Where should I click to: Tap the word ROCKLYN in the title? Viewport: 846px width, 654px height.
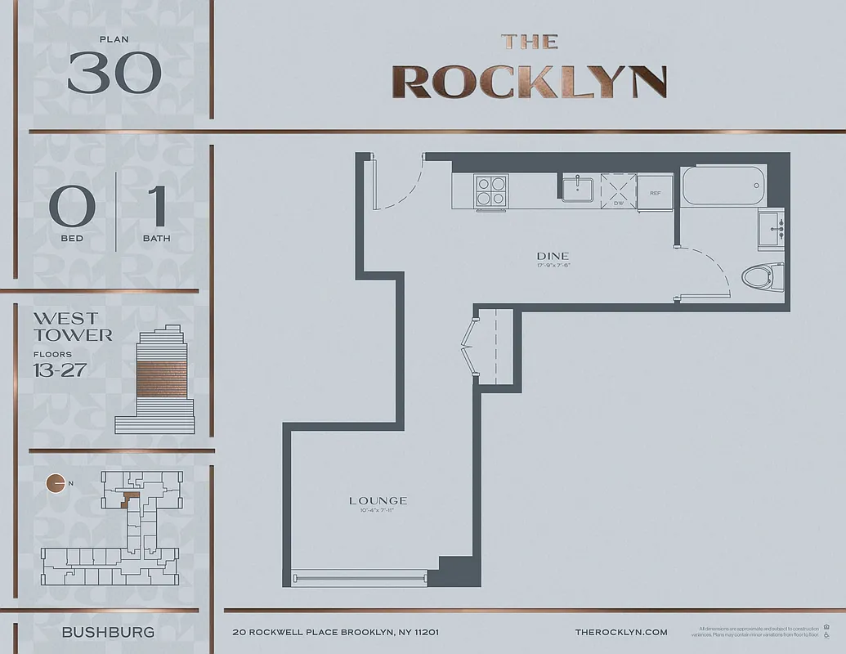pyautogui.click(x=529, y=81)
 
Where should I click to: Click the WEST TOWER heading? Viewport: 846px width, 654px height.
pyautogui.click(x=72, y=326)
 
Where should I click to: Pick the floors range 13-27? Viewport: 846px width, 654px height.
pyautogui.click(x=60, y=370)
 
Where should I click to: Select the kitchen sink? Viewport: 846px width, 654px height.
pyautogui.click(x=578, y=188)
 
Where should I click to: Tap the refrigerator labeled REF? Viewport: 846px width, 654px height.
pyautogui.click(x=655, y=193)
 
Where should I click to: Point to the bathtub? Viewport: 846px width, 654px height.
pyautogui.click(x=723, y=186)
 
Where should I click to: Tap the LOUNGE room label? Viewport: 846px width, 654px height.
pyautogui.click(x=378, y=500)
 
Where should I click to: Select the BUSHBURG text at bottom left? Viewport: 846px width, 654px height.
pyautogui.click(x=108, y=632)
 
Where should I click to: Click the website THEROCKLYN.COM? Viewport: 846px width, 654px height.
pyautogui.click(x=621, y=632)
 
